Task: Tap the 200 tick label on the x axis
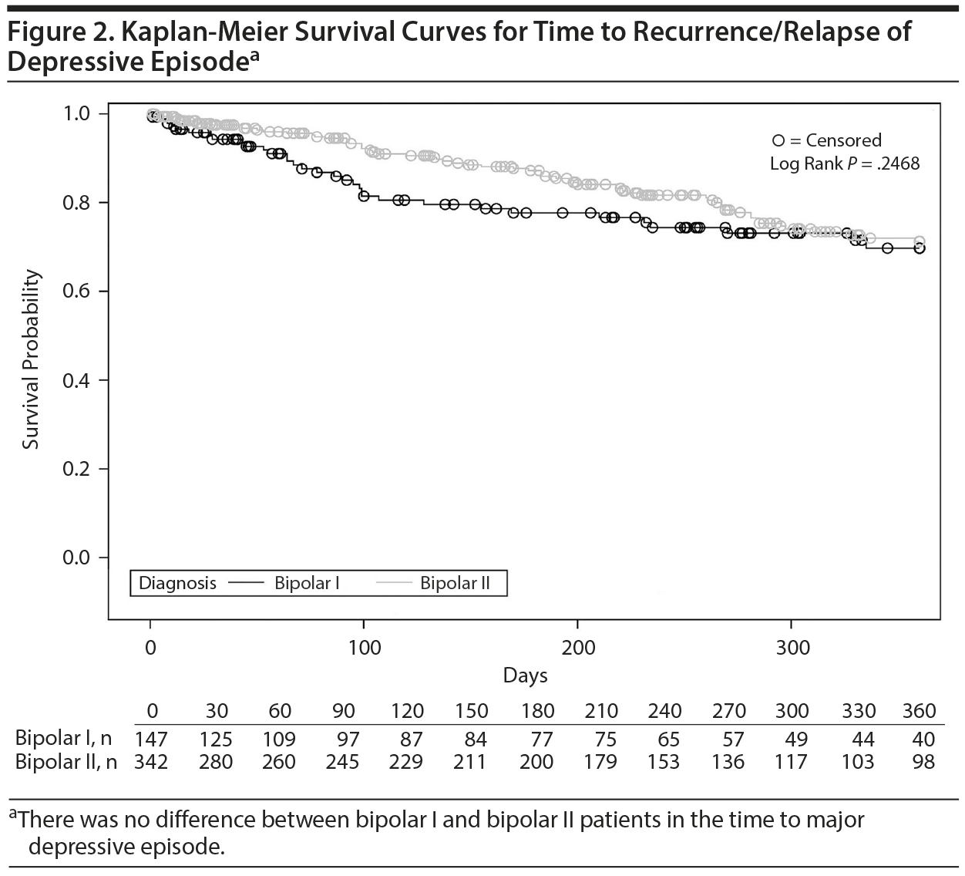578,647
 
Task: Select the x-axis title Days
525,676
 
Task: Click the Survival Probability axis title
30,359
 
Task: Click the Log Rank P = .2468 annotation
845,163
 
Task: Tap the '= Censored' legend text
836,140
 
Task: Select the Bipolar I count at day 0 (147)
151,740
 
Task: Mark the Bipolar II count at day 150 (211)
470,762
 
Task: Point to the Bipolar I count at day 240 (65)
668,740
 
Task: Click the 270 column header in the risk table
728,710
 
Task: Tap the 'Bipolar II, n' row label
66,762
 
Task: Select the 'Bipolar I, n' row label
63,739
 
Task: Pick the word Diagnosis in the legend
177,583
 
